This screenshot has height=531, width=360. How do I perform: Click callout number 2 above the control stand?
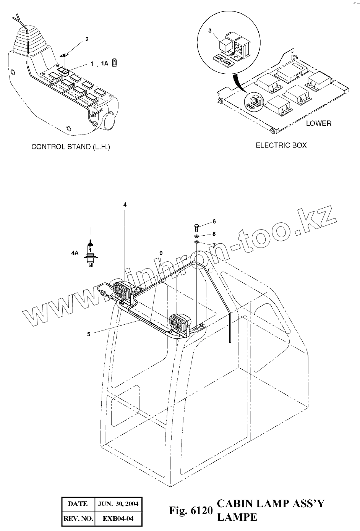coord(87,39)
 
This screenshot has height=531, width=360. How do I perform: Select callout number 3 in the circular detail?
coord(210,31)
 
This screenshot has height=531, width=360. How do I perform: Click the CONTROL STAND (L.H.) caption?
coord(70,147)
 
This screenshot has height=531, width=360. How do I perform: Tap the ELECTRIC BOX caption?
coord(281,145)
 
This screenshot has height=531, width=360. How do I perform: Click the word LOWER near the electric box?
coord(319,123)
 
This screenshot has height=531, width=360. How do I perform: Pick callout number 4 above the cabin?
coord(125,205)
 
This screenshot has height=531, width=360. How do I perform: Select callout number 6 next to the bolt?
coord(214,222)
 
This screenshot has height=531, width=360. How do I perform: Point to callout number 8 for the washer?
coord(214,234)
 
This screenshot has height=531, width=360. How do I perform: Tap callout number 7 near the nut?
coord(214,245)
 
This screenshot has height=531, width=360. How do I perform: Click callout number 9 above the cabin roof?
coord(161,253)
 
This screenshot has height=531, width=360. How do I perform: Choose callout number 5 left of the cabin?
coord(89,334)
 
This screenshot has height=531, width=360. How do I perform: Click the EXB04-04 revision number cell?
coord(118,518)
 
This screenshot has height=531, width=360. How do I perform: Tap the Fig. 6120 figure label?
coord(190,511)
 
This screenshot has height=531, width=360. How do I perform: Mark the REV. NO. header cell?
coord(78,518)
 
